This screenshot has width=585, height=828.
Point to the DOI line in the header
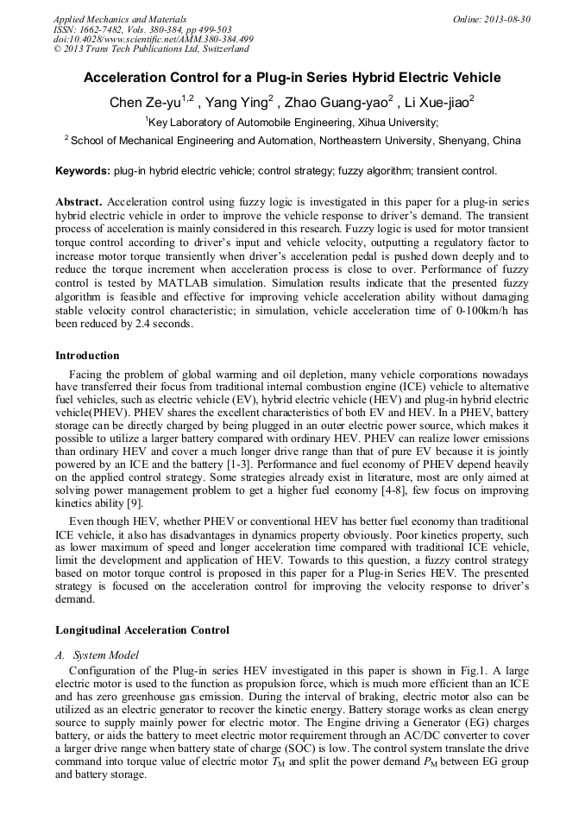tap(153, 40)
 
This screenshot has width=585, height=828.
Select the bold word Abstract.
tap(79, 201)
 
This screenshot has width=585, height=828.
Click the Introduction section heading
tap(87, 355)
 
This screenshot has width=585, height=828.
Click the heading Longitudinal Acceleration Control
tap(142, 629)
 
